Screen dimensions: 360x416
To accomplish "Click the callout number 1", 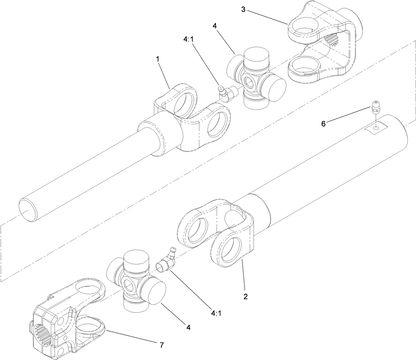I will (157, 58).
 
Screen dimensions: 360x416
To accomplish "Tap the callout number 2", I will (245, 296).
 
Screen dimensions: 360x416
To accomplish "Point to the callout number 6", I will (323, 124).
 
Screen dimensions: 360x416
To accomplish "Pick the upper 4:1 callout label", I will (188, 39).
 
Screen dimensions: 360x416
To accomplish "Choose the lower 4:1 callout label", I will (216, 313).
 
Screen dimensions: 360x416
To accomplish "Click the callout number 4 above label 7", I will (188, 327).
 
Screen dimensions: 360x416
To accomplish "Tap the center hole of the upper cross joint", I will (250, 82).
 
